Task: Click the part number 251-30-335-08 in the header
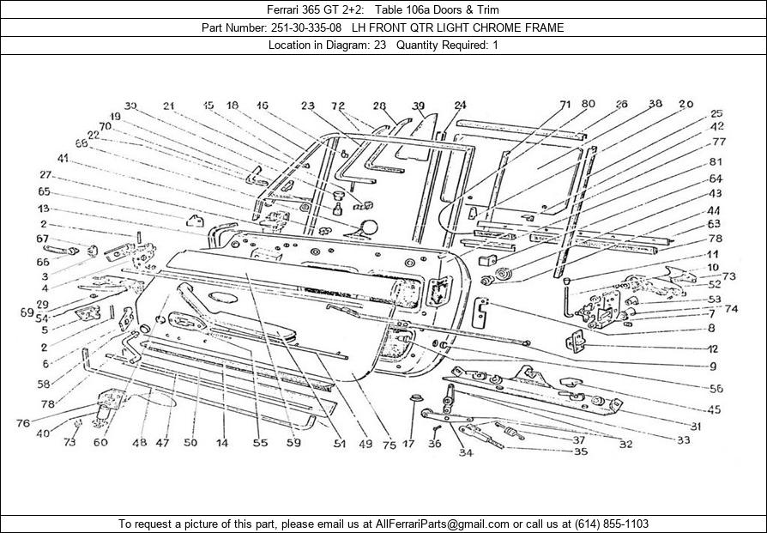tap(305, 27)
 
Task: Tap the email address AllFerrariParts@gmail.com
tap(442, 523)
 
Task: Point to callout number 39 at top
tap(418, 106)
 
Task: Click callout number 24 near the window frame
tap(460, 106)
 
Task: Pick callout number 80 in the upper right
tap(589, 105)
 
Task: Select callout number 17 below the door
tap(408, 444)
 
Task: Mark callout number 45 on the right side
tap(714, 409)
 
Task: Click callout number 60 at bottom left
tap(100, 443)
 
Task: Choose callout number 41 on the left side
tap(63, 158)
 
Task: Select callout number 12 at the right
tap(712, 348)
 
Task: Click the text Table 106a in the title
tap(402, 9)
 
